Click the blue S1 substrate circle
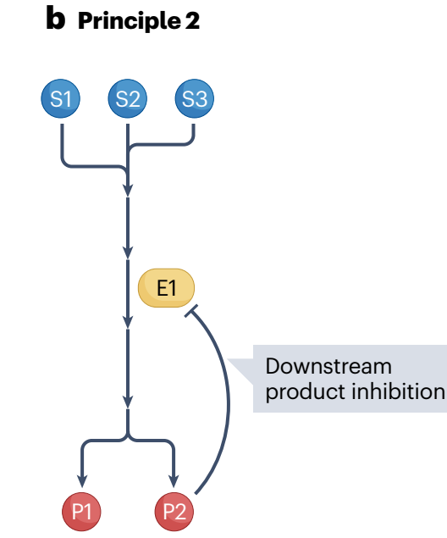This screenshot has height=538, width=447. click(x=61, y=98)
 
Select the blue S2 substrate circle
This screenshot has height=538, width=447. click(x=128, y=98)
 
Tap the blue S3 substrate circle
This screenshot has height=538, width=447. click(x=195, y=98)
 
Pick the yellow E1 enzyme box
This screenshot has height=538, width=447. click(x=166, y=288)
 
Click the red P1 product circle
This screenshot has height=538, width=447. click(x=81, y=512)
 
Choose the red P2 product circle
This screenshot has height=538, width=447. click(x=174, y=512)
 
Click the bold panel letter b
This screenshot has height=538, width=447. click(x=56, y=18)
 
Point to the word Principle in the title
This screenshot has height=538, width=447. click(x=130, y=21)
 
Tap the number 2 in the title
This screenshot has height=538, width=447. click(x=192, y=20)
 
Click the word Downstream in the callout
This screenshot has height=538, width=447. click(x=328, y=366)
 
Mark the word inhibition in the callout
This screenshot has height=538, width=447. click(x=399, y=391)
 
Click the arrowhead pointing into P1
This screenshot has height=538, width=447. click(x=81, y=481)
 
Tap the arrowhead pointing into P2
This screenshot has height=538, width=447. click(x=174, y=481)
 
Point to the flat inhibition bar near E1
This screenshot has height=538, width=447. click(x=191, y=311)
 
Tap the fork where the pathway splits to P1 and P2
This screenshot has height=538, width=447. click(x=128, y=438)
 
